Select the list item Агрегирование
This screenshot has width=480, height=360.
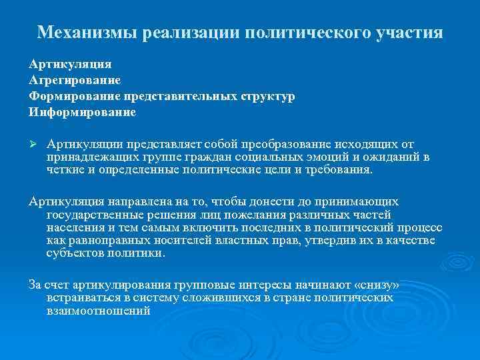pos(75,81)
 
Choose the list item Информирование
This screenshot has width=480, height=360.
pos(82,113)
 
